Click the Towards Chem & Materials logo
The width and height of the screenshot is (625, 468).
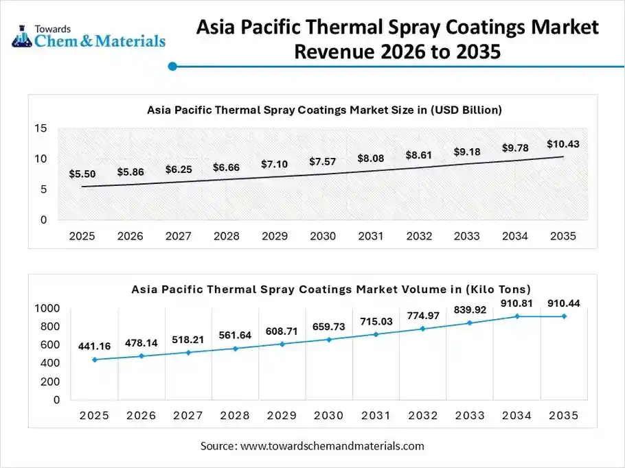(x=89, y=36)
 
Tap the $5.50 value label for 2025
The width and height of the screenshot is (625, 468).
(x=82, y=175)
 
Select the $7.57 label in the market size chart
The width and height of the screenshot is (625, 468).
(x=322, y=161)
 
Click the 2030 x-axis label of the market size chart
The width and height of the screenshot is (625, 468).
(x=322, y=236)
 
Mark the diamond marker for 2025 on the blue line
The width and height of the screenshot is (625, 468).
(x=94, y=360)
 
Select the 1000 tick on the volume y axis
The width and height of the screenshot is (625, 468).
(x=47, y=308)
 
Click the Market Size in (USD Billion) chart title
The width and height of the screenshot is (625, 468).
(x=325, y=110)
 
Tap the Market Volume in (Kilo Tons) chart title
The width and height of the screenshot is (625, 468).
(x=331, y=290)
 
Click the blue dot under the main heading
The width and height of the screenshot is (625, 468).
(x=173, y=67)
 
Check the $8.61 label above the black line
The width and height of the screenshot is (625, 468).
(x=418, y=155)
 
